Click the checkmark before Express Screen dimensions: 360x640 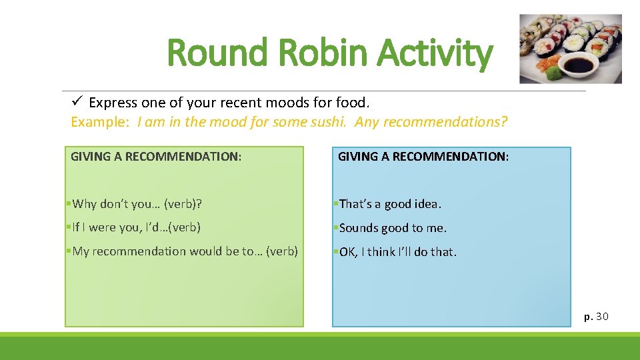click(x=76, y=102)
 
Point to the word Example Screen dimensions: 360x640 click(x=101, y=123)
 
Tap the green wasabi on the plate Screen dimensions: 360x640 click(x=549, y=66)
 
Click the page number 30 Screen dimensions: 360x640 click(x=602, y=316)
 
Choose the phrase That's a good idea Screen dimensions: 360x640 click(x=390, y=204)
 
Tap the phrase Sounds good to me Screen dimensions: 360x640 click(x=393, y=228)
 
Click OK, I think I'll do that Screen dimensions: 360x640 click(x=398, y=252)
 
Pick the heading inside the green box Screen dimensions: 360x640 click(x=156, y=157)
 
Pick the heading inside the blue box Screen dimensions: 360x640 click(x=423, y=157)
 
